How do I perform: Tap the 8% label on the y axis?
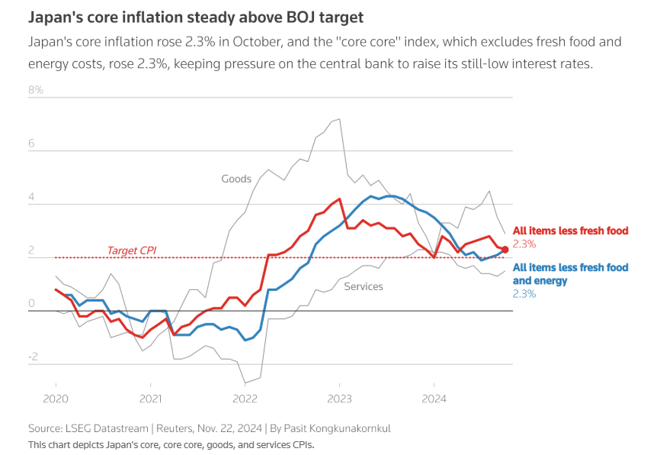point(36,90)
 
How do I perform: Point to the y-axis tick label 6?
point(32,144)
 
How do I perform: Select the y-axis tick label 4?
point(32,197)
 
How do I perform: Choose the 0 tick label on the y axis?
point(32,304)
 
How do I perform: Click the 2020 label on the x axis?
point(56,399)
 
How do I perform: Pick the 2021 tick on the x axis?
point(150,399)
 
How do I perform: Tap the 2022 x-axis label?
point(245,399)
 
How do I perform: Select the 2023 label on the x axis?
point(340,399)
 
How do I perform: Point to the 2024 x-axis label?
point(434,399)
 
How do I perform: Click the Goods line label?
point(236,179)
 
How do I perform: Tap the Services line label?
point(364,286)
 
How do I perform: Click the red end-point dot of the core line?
point(504,250)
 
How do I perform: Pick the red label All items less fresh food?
point(571,230)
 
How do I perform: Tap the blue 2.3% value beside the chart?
point(524,294)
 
